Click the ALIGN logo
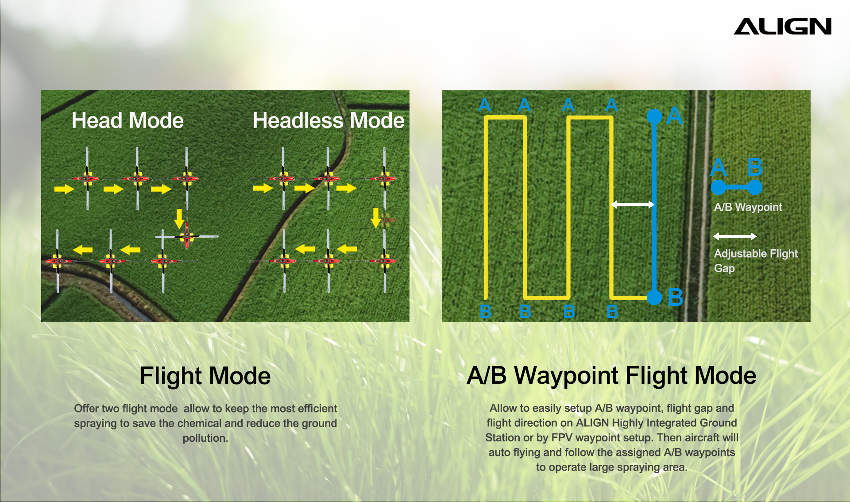(783, 27)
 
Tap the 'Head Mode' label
(127, 120)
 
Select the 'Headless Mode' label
(328, 120)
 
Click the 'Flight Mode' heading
(205, 376)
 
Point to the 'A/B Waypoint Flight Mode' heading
(611, 376)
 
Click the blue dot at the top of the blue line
(654, 116)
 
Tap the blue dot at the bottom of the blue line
(654, 297)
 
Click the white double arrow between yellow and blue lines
(632, 205)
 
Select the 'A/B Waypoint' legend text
(748, 207)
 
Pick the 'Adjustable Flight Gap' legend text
(756, 261)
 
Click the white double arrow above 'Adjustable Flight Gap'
(735, 236)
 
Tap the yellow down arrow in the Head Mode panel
(179, 219)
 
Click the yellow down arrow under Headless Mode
(376, 218)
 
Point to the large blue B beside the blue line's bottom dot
(675, 297)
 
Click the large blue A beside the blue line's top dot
(674, 116)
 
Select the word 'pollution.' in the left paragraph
(205, 438)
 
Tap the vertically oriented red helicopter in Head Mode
(187, 235)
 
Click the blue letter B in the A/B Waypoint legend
(755, 167)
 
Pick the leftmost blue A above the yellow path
(485, 105)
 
